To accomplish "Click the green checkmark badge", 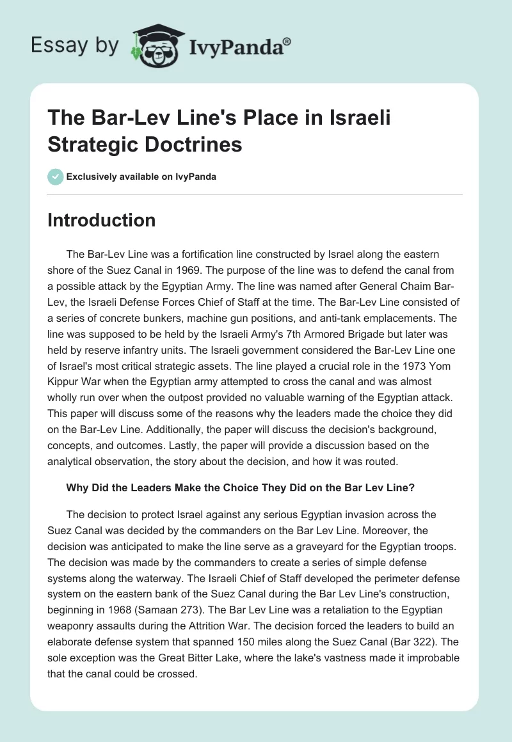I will pos(56,177).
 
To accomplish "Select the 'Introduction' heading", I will pos(102,221).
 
